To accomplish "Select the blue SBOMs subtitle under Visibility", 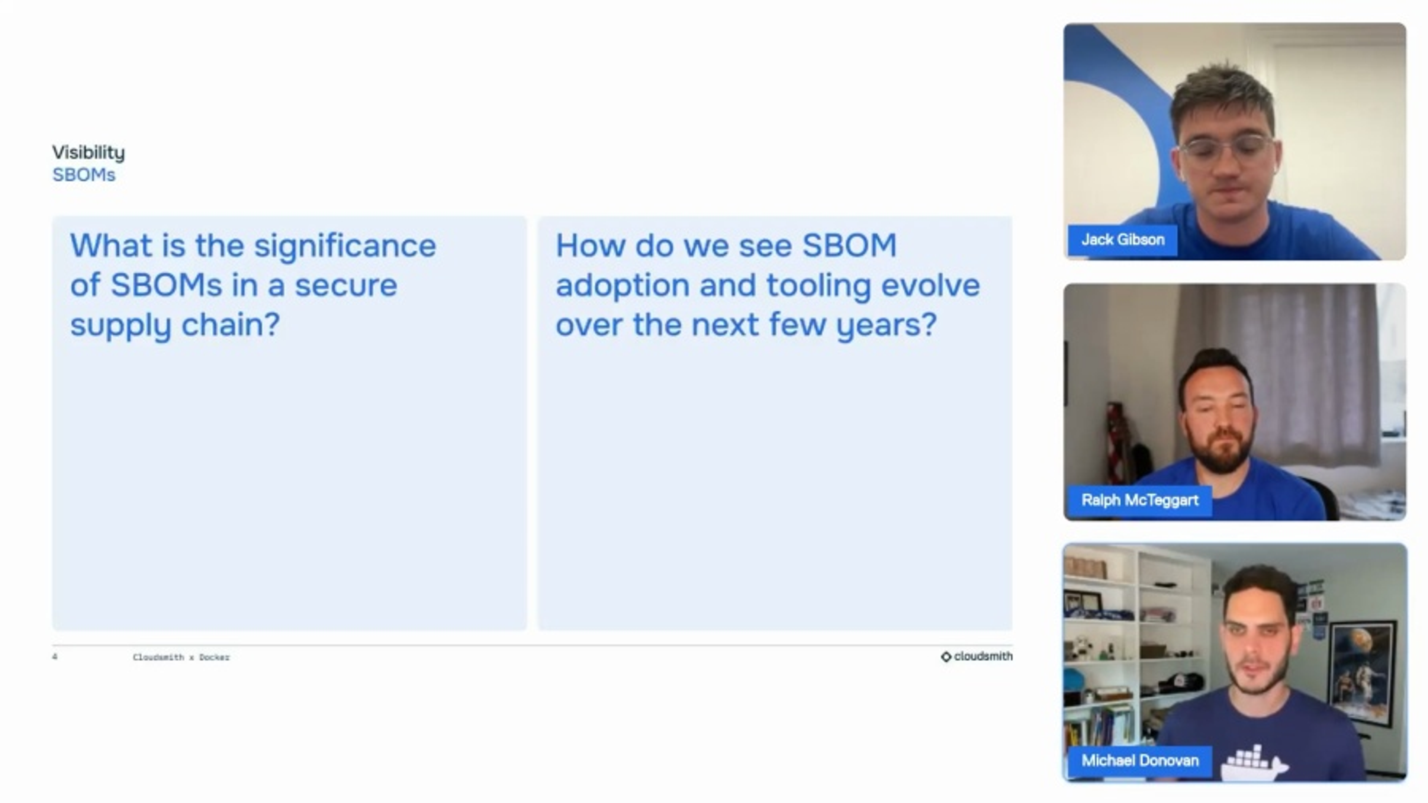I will coord(84,175).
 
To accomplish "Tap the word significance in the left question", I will coord(345,246).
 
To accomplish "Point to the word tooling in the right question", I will coord(819,286).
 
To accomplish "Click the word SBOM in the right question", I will coord(849,246).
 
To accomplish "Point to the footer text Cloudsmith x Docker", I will coord(181,657).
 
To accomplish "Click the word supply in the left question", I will coord(120,325).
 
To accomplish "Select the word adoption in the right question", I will coord(622,286).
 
